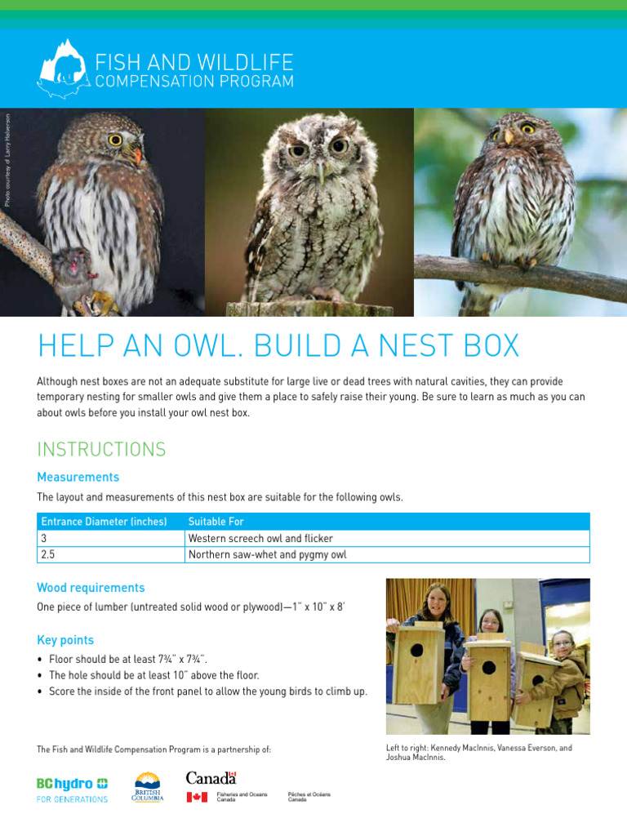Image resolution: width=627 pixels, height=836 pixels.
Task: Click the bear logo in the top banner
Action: point(61,69)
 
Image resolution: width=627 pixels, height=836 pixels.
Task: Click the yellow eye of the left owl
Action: point(115,140)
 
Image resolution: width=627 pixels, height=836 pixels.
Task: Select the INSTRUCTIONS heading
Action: point(101,449)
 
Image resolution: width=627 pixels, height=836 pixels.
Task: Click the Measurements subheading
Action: point(78,477)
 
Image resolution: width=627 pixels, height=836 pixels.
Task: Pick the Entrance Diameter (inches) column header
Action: point(103,522)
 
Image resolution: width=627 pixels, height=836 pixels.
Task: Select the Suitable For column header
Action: point(216,522)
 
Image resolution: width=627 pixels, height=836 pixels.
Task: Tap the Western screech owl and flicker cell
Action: point(260,539)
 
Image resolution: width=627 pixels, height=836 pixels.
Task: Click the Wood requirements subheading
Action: point(91,588)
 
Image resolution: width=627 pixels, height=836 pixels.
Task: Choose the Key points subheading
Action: point(65,640)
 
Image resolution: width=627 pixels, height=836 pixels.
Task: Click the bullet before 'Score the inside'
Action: point(40,692)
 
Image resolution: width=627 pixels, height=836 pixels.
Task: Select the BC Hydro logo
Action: point(72,789)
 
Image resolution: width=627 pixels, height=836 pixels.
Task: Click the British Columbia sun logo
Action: point(148,786)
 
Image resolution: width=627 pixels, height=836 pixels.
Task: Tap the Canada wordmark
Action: point(211,777)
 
